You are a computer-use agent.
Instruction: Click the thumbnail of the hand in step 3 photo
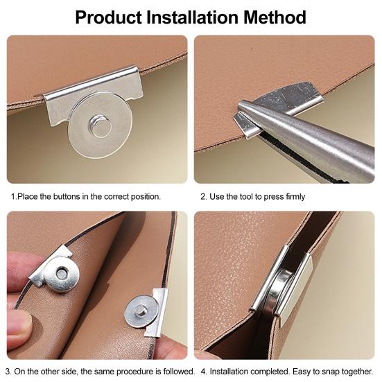[x=18, y=320]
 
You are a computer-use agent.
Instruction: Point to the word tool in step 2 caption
[x=252, y=197]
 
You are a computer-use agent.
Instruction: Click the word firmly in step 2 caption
[x=293, y=197]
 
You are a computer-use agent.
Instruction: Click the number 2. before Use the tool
[x=204, y=197]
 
